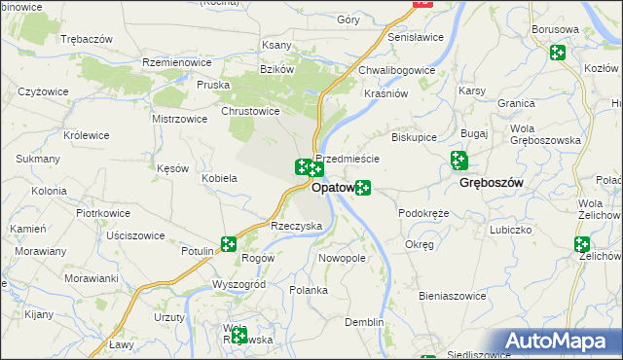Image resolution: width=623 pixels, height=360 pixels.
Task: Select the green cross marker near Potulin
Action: point(228,244)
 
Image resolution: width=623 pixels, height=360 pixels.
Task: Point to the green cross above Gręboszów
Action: point(458,161)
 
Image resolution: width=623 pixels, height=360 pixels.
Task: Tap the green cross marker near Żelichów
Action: point(582,245)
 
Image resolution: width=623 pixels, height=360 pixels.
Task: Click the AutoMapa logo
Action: point(562,342)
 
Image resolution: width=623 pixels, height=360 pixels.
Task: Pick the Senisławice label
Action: point(416,37)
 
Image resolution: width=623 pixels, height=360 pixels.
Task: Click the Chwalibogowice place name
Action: point(396,70)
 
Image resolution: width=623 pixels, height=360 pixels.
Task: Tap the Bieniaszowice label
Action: point(452,295)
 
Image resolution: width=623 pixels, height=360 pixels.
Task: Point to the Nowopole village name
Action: point(342,259)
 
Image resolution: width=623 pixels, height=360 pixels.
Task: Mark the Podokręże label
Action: point(423,213)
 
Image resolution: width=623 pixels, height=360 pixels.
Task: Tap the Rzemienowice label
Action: point(177,61)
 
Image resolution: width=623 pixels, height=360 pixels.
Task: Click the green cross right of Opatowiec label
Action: point(362,187)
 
